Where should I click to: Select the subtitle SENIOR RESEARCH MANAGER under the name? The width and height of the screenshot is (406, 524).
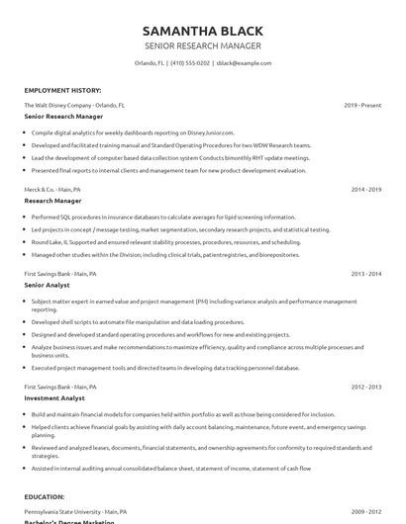[x=202, y=45]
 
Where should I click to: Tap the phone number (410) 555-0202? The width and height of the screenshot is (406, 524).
[x=189, y=62]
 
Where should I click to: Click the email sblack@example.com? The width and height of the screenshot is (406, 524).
[x=243, y=62]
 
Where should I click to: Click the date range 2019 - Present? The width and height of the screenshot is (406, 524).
[x=362, y=105]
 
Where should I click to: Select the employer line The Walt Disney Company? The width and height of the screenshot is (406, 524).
[x=74, y=105]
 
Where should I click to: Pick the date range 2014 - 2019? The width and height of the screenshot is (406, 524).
[x=365, y=188]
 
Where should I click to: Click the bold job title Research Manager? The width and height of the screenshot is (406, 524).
[x=53, y=200]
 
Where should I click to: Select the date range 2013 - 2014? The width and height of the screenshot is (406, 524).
[x=365, y=272]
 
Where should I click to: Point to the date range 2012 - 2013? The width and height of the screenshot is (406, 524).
[x=365, y=388]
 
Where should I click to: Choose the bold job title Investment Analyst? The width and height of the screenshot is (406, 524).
[x=55, y=399]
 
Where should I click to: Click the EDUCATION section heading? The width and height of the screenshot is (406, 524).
[x=49, y=497]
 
